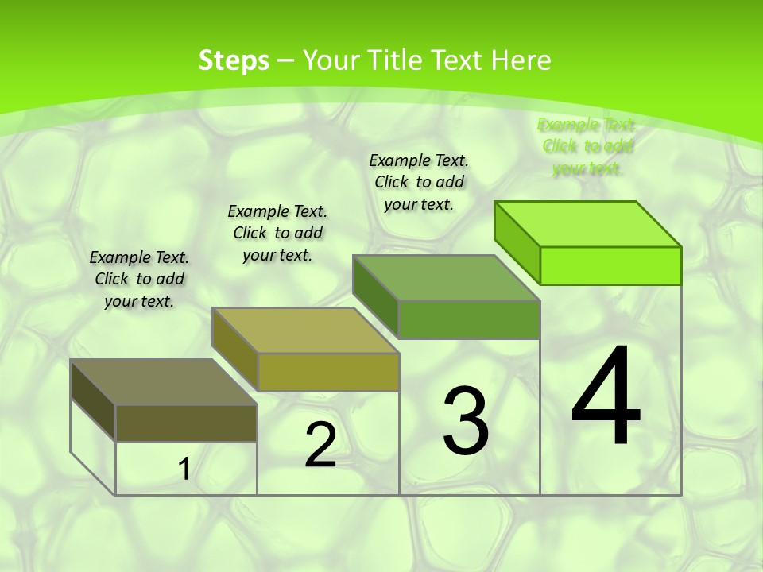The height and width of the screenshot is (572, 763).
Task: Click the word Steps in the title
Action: coord(234,60)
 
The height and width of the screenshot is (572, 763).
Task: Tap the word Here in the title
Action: coord(521,60)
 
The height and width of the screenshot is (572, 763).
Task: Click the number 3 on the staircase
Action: coord(466,420)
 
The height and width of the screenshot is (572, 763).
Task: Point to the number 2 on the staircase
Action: coord(320,445)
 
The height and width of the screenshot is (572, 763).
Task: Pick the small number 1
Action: coord(184,470)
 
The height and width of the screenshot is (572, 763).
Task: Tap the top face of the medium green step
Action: coord(447,278)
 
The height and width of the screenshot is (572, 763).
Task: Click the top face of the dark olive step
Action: coord(164,382)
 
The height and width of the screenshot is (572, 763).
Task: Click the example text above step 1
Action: coord(139,279)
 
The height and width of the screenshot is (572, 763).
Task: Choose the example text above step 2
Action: coord(277,233)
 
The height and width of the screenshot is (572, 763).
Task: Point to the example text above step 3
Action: coord(419,182)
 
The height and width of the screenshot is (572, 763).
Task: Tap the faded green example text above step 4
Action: coord(587,146)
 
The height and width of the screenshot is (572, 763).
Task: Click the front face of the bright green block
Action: coord(610,265)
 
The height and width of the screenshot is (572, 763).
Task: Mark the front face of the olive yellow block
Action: coord(328,372)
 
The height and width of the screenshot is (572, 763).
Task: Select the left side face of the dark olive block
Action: coord(93,400)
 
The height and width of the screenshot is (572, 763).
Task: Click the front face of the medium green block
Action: coord(469,319)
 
